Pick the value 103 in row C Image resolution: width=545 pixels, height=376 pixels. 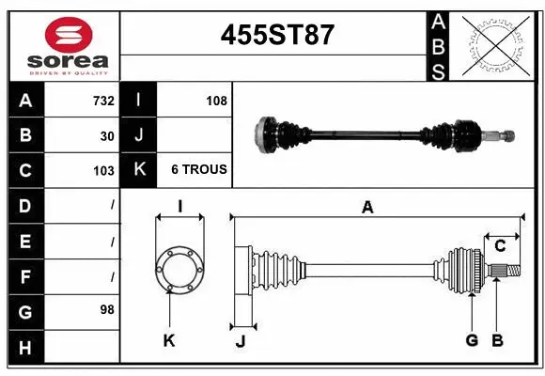pyautogui.click(x=103, y=171)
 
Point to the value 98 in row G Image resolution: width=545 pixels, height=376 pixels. pyautogui.click(x=107, y=308)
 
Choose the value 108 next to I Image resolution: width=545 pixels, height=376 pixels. pyautogui.click(x=216, y=100)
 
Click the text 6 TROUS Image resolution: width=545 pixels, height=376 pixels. pyautogui.click(x=198, y=170)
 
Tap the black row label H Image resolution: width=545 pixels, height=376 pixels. pyautogui.click(x=24, y=349)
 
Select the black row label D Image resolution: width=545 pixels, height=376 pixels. pyautogui.click(x=24, y=205)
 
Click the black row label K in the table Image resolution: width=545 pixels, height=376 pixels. pyautogui.click(x=139, y=170)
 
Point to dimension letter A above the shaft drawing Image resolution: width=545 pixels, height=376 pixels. pyautogui.click(x=367, y=208)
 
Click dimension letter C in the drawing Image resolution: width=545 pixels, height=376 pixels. pyautogui.click(x=500, y=246)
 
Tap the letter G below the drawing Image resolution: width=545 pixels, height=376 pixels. pyautogui.click(x=472, y=340)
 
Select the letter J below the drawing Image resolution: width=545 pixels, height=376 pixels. pyautogui.click(x=240, y=341)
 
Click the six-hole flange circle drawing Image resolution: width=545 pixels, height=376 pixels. pyautogui.click(x=179, y=271)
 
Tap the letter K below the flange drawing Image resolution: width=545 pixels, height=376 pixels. pyautogui.click(x=169, y=341)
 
